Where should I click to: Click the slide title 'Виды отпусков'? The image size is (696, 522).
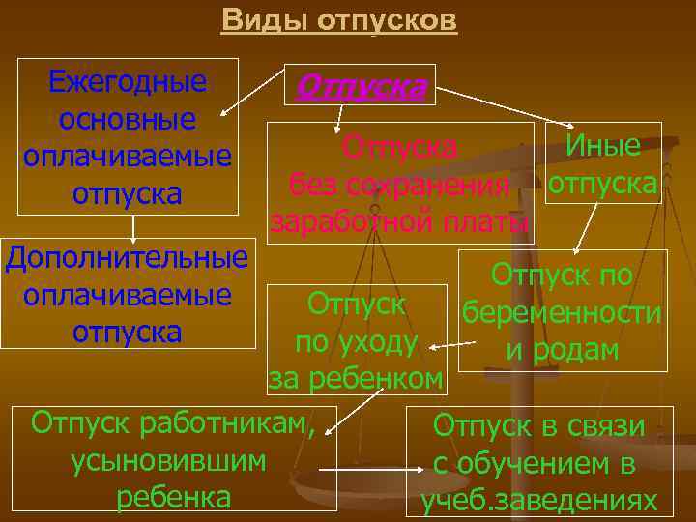pos(338,20)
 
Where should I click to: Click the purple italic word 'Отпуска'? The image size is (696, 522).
pos(360,87)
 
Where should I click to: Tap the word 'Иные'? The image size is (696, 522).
pos(603,146)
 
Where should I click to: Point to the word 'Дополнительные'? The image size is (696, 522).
pos(127,259)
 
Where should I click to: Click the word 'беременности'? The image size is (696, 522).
pos(562,314)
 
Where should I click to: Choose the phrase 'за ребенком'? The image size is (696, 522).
pos(357,378)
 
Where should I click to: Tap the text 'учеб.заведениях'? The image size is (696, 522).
pos(539,502)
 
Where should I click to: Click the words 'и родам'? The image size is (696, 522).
pos(562,351)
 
